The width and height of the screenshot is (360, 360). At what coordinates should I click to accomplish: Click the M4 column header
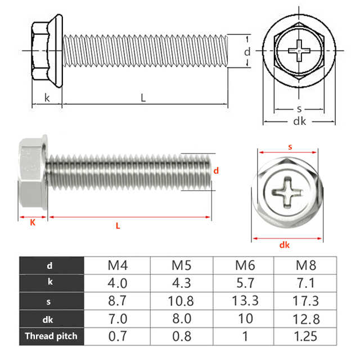(x=118, y=265)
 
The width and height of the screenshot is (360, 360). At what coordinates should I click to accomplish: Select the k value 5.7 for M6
(x=245, y=283)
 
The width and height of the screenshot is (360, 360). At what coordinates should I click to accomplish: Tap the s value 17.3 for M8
(x=305, y=301)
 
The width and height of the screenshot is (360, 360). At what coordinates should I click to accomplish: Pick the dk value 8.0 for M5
(x=182, y=319)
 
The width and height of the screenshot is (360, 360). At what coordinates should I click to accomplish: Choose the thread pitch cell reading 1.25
(x=305, y=336)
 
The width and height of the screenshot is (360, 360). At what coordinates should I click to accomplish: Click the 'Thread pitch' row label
(x=51, y=336)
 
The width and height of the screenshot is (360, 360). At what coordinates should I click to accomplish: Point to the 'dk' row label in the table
(x=48, y=319)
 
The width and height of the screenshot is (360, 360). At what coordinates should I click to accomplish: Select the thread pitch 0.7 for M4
(x=118, y=336)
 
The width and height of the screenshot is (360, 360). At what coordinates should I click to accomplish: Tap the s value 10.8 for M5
(x=181, y=301)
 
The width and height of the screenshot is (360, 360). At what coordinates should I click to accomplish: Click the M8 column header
(x=306, y=265)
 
